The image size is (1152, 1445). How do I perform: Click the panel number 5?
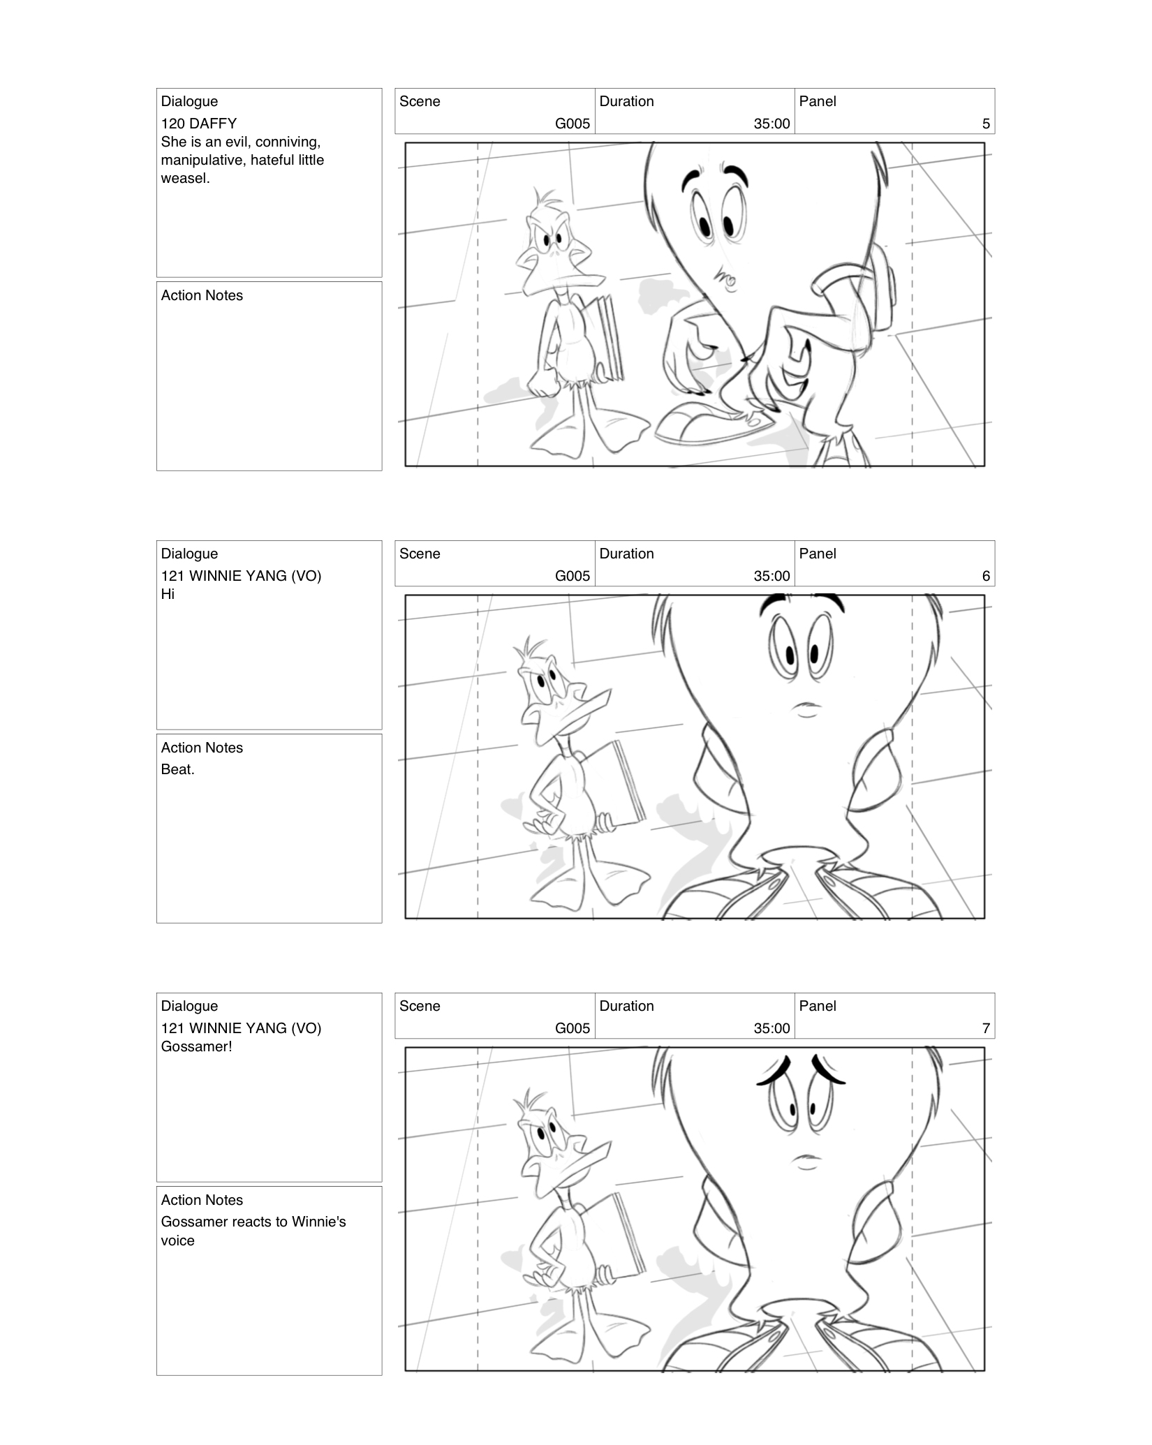click(985, 124)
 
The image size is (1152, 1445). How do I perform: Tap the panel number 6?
click(985, 577)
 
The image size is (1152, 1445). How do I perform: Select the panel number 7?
click(985, 1029)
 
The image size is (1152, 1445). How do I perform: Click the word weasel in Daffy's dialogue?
click(185, 179)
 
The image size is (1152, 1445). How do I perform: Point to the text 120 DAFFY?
click(198, 124)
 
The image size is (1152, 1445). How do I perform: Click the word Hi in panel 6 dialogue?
click(168, 595)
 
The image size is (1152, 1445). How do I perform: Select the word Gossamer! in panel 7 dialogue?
click(196, 1047)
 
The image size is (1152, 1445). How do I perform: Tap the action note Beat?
click(177, 770)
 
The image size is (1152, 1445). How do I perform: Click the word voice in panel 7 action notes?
click(177, 1241)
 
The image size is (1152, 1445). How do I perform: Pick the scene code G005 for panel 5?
click(572, 124)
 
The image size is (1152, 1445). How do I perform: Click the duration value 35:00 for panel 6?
click(771, 577)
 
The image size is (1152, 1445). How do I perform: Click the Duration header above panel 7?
click(626, 1007)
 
